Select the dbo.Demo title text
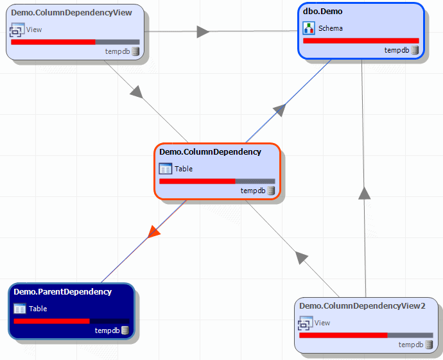[323, 12]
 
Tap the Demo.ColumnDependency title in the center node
[210, 152]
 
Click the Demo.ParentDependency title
[62, 291]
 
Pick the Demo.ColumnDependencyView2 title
[362, 305]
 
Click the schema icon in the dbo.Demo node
[309, 28]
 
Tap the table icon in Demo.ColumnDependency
[166, 169]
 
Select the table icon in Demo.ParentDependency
[20, 309]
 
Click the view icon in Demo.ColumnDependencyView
[17, 30]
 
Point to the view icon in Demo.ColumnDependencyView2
[306, 323]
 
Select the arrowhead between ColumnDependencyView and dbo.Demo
[202, 31]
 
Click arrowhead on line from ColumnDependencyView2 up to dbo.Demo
[365, 193]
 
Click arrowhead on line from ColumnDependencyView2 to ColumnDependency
[300, 258]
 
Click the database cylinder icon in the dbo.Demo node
[414, 50]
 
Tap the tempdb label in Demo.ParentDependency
[107, 330]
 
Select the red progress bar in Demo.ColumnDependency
[197, 181]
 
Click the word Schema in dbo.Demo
[330, 28]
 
